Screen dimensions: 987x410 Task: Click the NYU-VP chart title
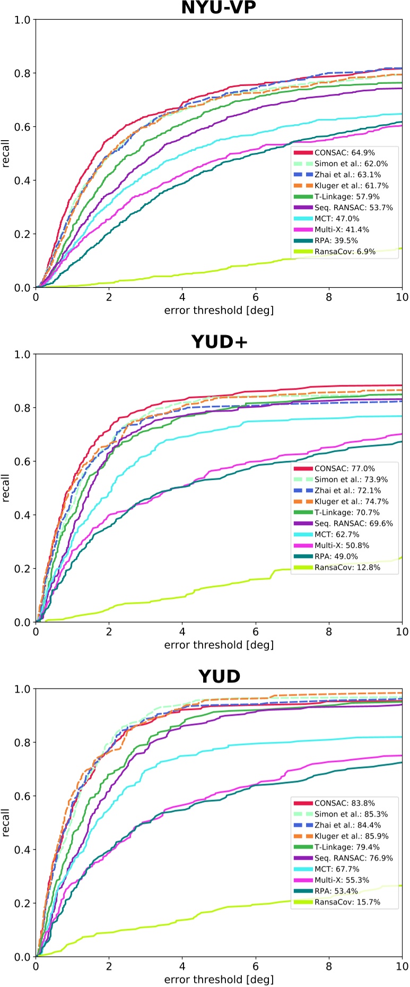pyautogui.click(x=219, y=8)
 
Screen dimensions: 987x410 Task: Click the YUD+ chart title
pyautogui.click(x=219, y=342)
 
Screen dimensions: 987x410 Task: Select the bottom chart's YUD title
pyautogui.click(x=219, y=676)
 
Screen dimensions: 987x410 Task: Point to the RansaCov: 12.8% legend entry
pyautogui.click(x=347, y=568)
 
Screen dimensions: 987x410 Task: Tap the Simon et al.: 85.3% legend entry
pyautogui.click(x=351, y=814)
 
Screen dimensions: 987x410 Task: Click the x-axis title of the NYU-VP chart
pyautogui.click(x=219, y=311)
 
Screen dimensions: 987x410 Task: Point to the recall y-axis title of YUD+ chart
pyautogui.click(x=6, y=488)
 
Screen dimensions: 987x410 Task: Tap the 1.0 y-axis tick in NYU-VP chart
pyautogui.click(x=22, y=20)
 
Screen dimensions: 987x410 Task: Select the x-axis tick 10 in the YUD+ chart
pyautogui.click(x=402, y=632)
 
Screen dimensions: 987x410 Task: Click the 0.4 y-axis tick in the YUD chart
pyautogui.click(x=22, y=850)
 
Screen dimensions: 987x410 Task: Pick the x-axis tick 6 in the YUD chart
pyautogui.click(x=256, y=966)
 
